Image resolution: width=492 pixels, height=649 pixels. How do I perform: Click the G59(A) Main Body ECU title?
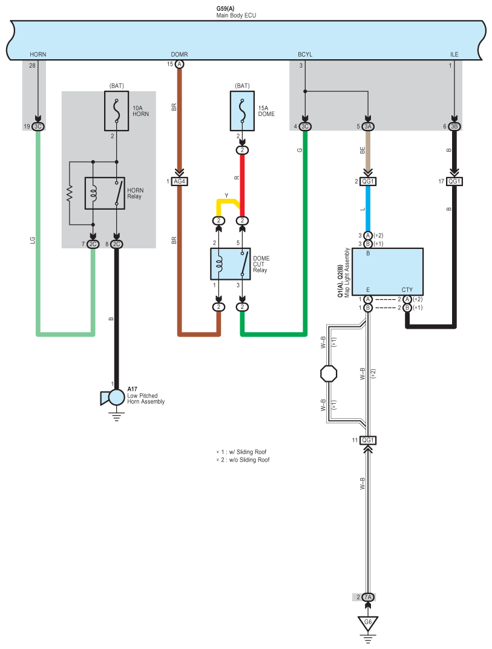(x=236, y=12)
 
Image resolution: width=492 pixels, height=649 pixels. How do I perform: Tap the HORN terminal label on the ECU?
(x=38, y=54)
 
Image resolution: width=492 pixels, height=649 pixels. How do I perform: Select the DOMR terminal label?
(x=180, y=54)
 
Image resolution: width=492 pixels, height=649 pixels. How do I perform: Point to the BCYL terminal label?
(x=305, y=54)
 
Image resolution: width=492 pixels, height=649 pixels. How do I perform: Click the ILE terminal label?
(x=454, y=54)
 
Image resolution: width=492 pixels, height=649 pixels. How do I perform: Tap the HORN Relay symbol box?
(x=105, y=193)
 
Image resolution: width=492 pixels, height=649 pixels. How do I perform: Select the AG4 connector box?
(x=180, y=181)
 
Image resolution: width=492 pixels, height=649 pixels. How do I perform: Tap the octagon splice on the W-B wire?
(x=329, y=373)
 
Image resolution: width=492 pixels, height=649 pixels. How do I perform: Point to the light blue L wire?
(x=367, y=208)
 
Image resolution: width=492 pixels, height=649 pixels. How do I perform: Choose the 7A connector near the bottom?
(x=367, y=597)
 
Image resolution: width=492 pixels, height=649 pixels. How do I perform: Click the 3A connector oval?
(x=367, y=126)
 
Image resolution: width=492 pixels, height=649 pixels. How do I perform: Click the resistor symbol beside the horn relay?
(x=70, y=193)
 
